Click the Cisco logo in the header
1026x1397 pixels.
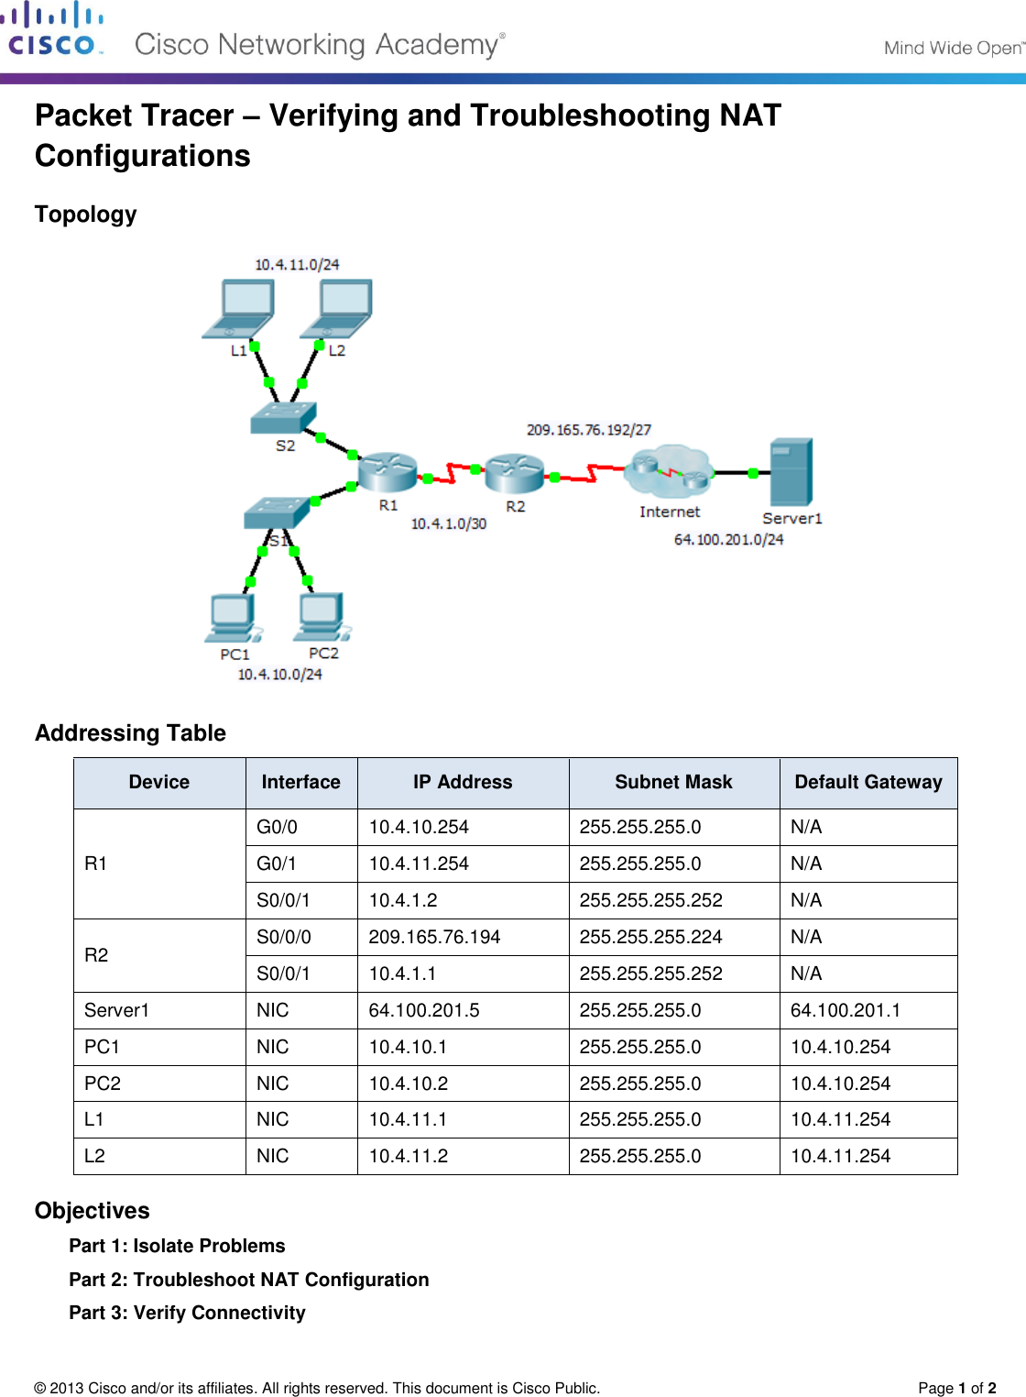(x=52, y=30)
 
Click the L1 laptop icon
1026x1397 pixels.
(x=240, y=308)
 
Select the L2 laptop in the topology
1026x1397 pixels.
(x=338, y=308)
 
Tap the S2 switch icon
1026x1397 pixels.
(x=284, y=418)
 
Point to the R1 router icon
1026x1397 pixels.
(x=387, y=471)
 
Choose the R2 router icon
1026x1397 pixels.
(x=514, y=471)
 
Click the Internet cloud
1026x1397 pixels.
(x=670, y=471)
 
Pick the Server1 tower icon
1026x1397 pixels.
(x=791, y=471)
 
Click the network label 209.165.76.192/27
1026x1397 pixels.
(x=589, y=430)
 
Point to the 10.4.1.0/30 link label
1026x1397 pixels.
(x=449, y=524)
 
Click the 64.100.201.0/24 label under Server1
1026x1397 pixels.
(x=729, y=540)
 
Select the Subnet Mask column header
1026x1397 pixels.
(x=673, y=782)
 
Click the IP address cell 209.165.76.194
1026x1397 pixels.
(x=434, y=937)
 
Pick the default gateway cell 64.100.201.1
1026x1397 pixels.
(x=845, y=1010)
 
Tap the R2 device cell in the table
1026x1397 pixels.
(x=96, y=955)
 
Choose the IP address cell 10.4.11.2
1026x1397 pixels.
(x=409, y=1156)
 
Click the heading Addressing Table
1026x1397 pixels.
(x=130, y=733)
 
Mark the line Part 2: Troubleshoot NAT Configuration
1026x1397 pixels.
(x=249, y=1280)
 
